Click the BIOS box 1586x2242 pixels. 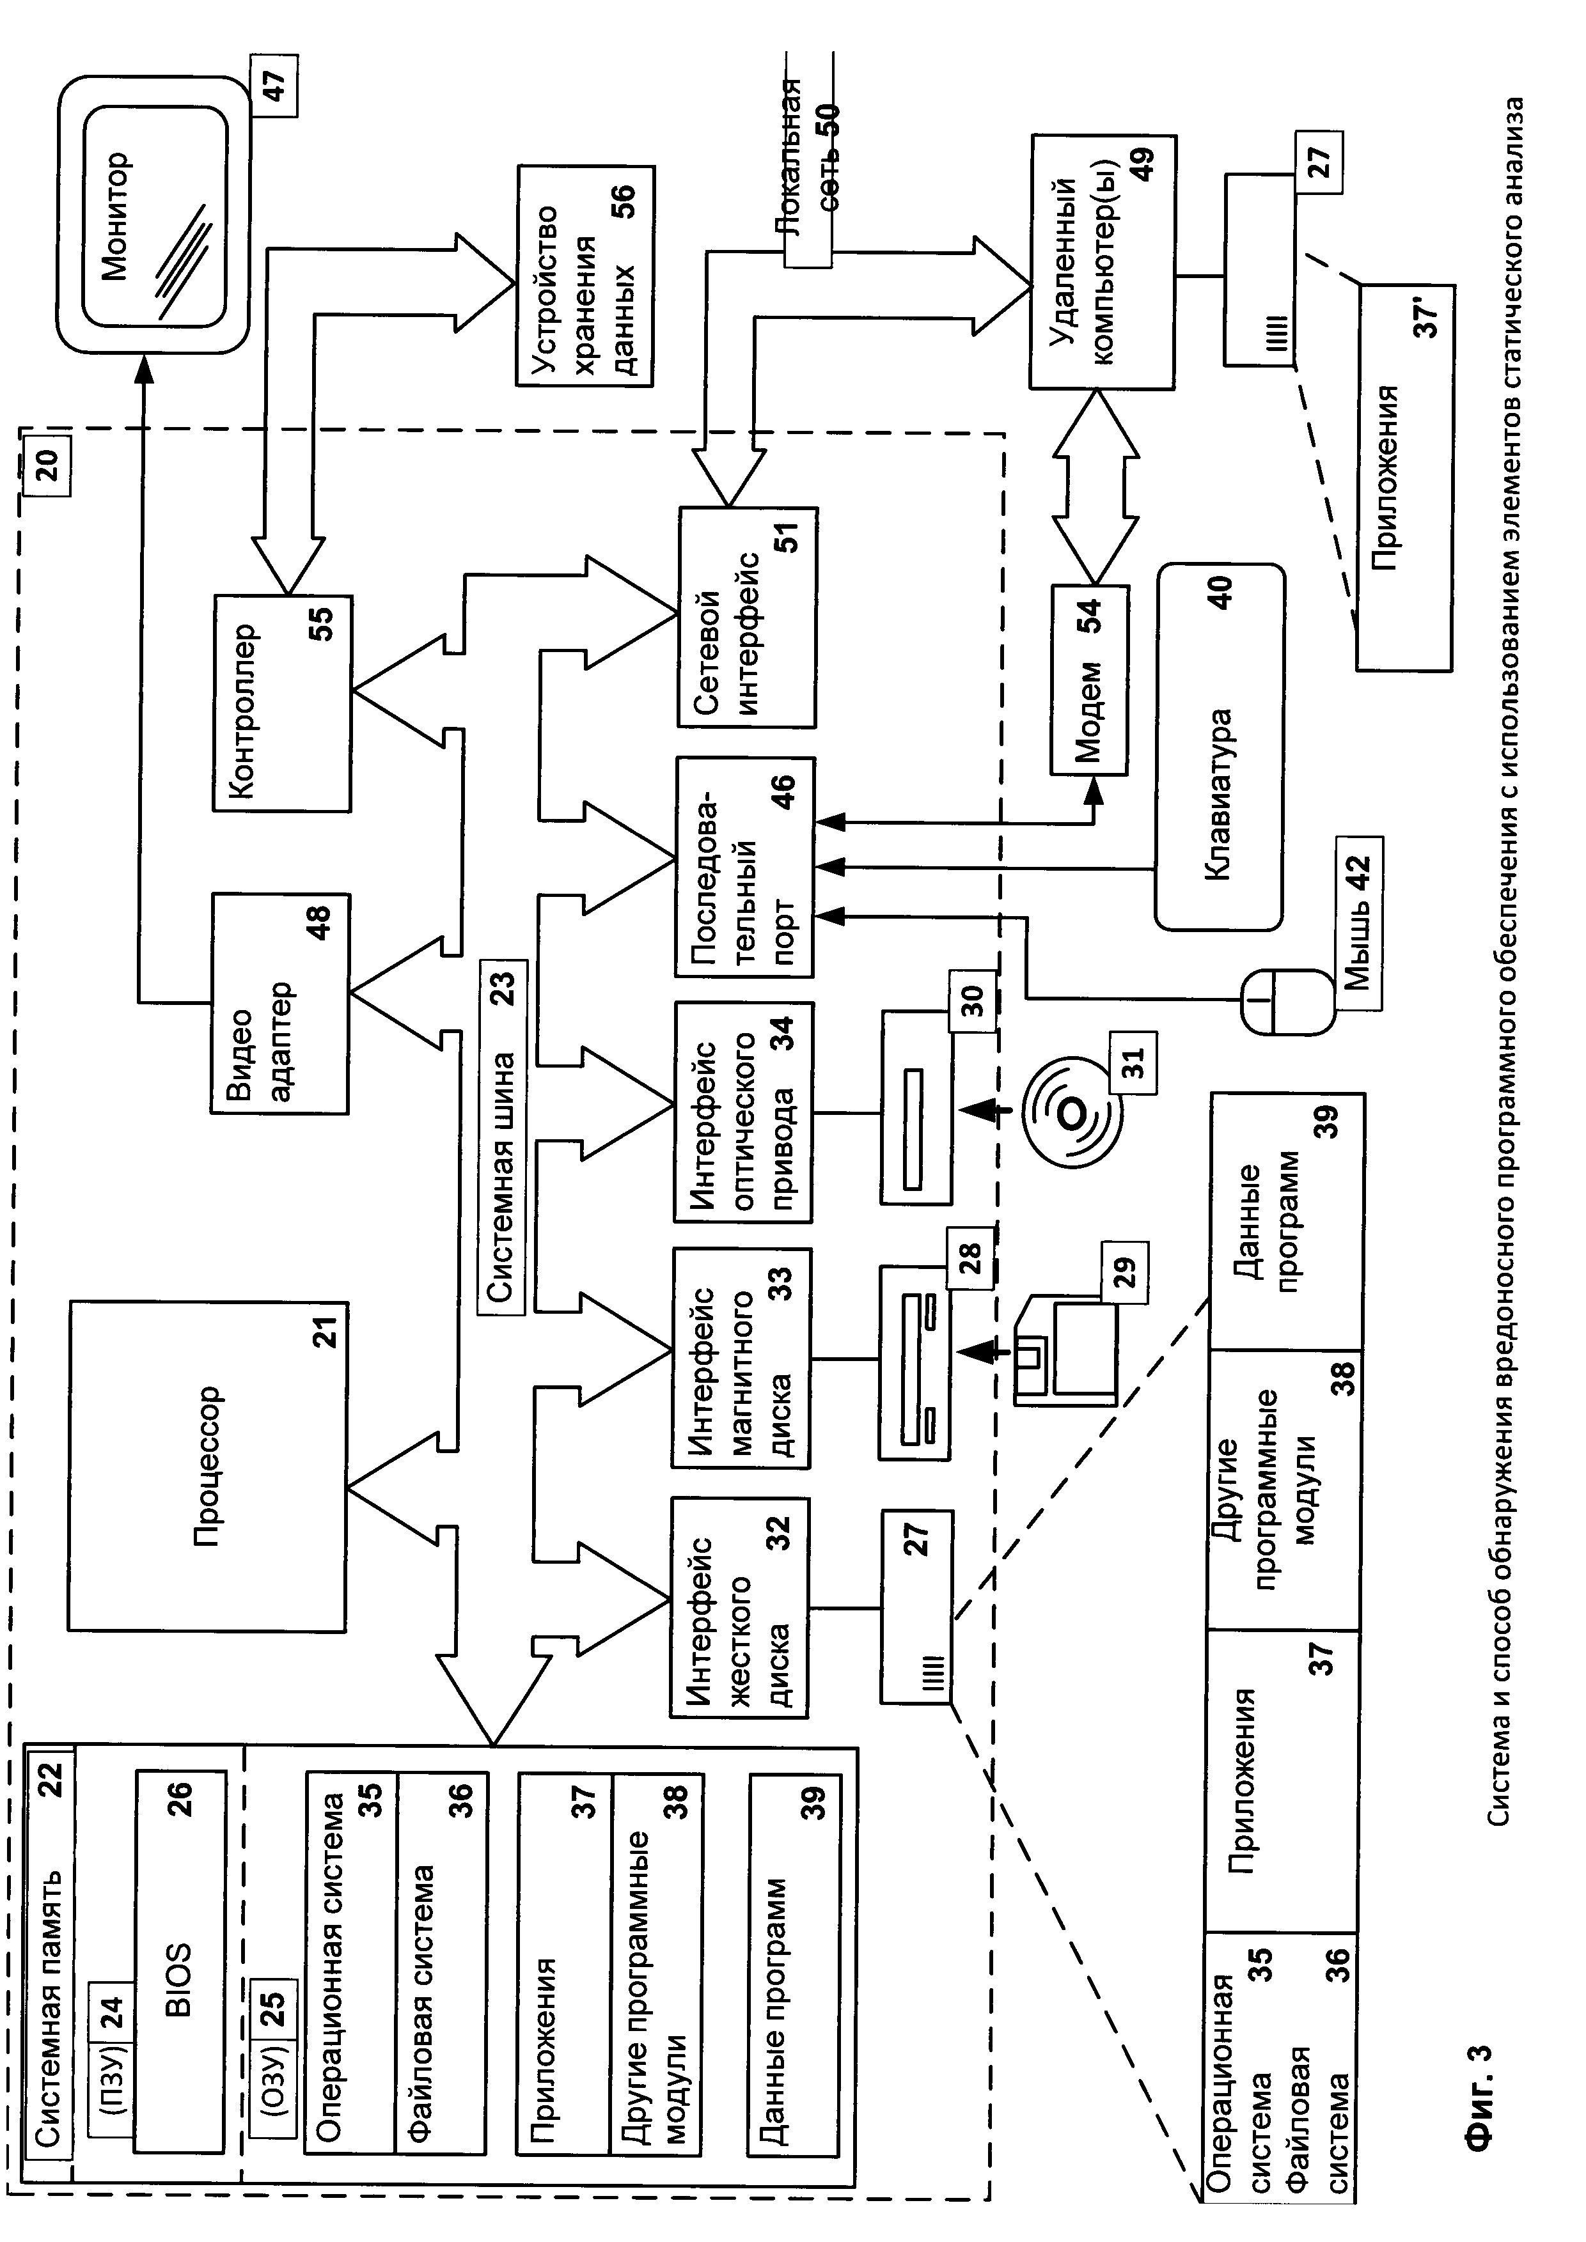tap(180, 1961)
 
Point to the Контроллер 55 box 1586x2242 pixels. tap(282, 703)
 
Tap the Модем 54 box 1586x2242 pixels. tap(1089, 681)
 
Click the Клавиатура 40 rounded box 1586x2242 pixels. tap(1220, 747)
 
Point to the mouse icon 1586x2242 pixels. tap(1287, 1002)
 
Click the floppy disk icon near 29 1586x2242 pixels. tap(1065, 1350)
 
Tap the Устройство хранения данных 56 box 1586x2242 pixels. tap(586, 276)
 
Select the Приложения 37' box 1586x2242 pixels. tap(1403, 478)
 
